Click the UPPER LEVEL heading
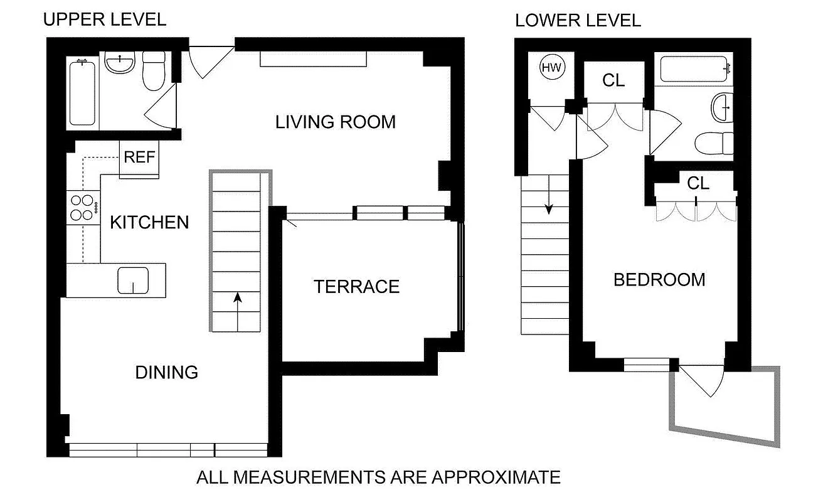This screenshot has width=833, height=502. [104, 19]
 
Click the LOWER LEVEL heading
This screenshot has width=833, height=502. [578, 20]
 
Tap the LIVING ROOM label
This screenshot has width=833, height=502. [336, 122]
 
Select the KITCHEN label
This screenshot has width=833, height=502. [149, 222]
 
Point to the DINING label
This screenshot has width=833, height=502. [167, 372]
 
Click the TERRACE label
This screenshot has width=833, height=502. [356, 287]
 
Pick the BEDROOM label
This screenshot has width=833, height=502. [659, 279]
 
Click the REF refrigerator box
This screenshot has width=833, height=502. [139, 157]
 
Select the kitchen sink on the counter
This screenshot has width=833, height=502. [133, 280]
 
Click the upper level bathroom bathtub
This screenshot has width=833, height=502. [83, 92]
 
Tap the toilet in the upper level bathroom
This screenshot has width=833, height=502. [153, 70]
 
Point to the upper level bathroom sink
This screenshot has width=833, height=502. [120, 63]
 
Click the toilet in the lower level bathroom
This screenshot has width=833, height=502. [715, 142]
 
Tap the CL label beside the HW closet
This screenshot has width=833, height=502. [613, 80]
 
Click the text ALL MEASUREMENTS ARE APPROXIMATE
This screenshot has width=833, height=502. [378, 478]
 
